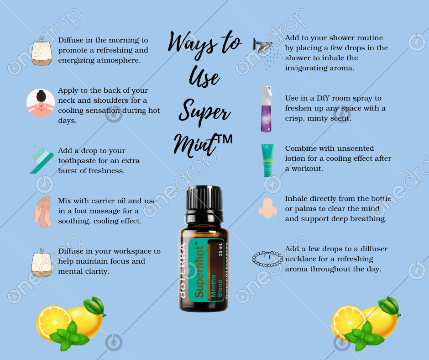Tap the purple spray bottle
point(266,109)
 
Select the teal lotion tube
point(267,160)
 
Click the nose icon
point(267,211)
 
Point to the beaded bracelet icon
point(267,259)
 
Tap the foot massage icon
point(43,212)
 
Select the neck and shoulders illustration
point(41,103)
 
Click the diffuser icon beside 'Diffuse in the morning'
point(42,52)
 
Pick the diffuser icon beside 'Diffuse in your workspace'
point(42,264)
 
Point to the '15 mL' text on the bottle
point(220,249)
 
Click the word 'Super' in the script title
point(204,113)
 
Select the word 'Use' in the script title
point(204,77)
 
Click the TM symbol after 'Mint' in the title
point(225,139)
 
